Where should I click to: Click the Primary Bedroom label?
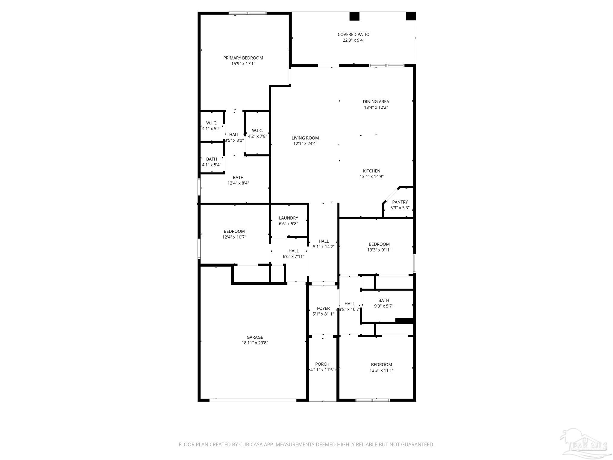pos(243,58)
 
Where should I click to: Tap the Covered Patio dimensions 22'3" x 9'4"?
pos(353,40)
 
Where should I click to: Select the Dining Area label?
pos(376,102)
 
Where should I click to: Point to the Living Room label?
pos(305,138)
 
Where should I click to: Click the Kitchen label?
pos(372,171)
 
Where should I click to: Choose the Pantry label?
pos(400,202)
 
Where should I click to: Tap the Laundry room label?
pos(289,218)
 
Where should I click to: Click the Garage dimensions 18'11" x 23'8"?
pos(255,343)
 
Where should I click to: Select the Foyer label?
pos(323,308)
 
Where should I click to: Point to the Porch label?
pos(322,364)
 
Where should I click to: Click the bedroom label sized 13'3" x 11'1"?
pos(381,364)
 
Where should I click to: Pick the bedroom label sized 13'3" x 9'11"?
pos(379,244)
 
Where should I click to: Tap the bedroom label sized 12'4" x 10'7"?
pos(234,231)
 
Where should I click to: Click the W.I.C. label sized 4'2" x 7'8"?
pos(257,131)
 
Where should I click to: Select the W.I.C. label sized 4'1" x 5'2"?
pos(212,123)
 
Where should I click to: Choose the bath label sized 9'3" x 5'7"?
pos(384,300)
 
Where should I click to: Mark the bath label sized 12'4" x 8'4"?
pos(238,178)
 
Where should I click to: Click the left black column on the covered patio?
pos(354,16)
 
